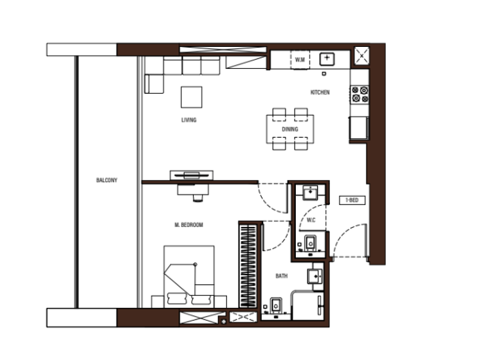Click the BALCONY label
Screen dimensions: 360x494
(x=107, y=181)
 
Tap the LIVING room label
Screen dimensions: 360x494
(x=188, y=120)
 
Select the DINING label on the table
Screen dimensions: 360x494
(x=289, y=129)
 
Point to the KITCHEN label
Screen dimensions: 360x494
(x=320, y=93)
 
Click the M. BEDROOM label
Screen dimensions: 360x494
(x=188, y=225)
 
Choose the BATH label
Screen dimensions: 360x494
(x=281, y=276)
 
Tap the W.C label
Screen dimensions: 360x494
(x=311, y=221)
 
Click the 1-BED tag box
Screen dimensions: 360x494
(x=352, y=201)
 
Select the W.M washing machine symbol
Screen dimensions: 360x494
(x=300, y=60)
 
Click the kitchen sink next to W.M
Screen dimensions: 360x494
(x=327, y=59)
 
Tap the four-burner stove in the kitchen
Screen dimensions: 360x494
(x=360, y=94)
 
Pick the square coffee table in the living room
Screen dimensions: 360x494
(x=192, y=97)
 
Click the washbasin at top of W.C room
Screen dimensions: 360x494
(x=311, y=192)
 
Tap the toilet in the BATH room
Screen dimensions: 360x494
(x=275, y=306)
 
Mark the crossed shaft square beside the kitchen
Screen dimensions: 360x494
(x=361, y=56)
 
